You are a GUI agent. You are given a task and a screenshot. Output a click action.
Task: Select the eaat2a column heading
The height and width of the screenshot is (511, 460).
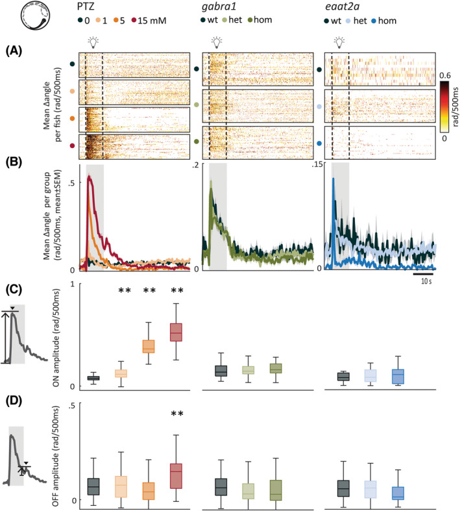(x=340, y=7)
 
